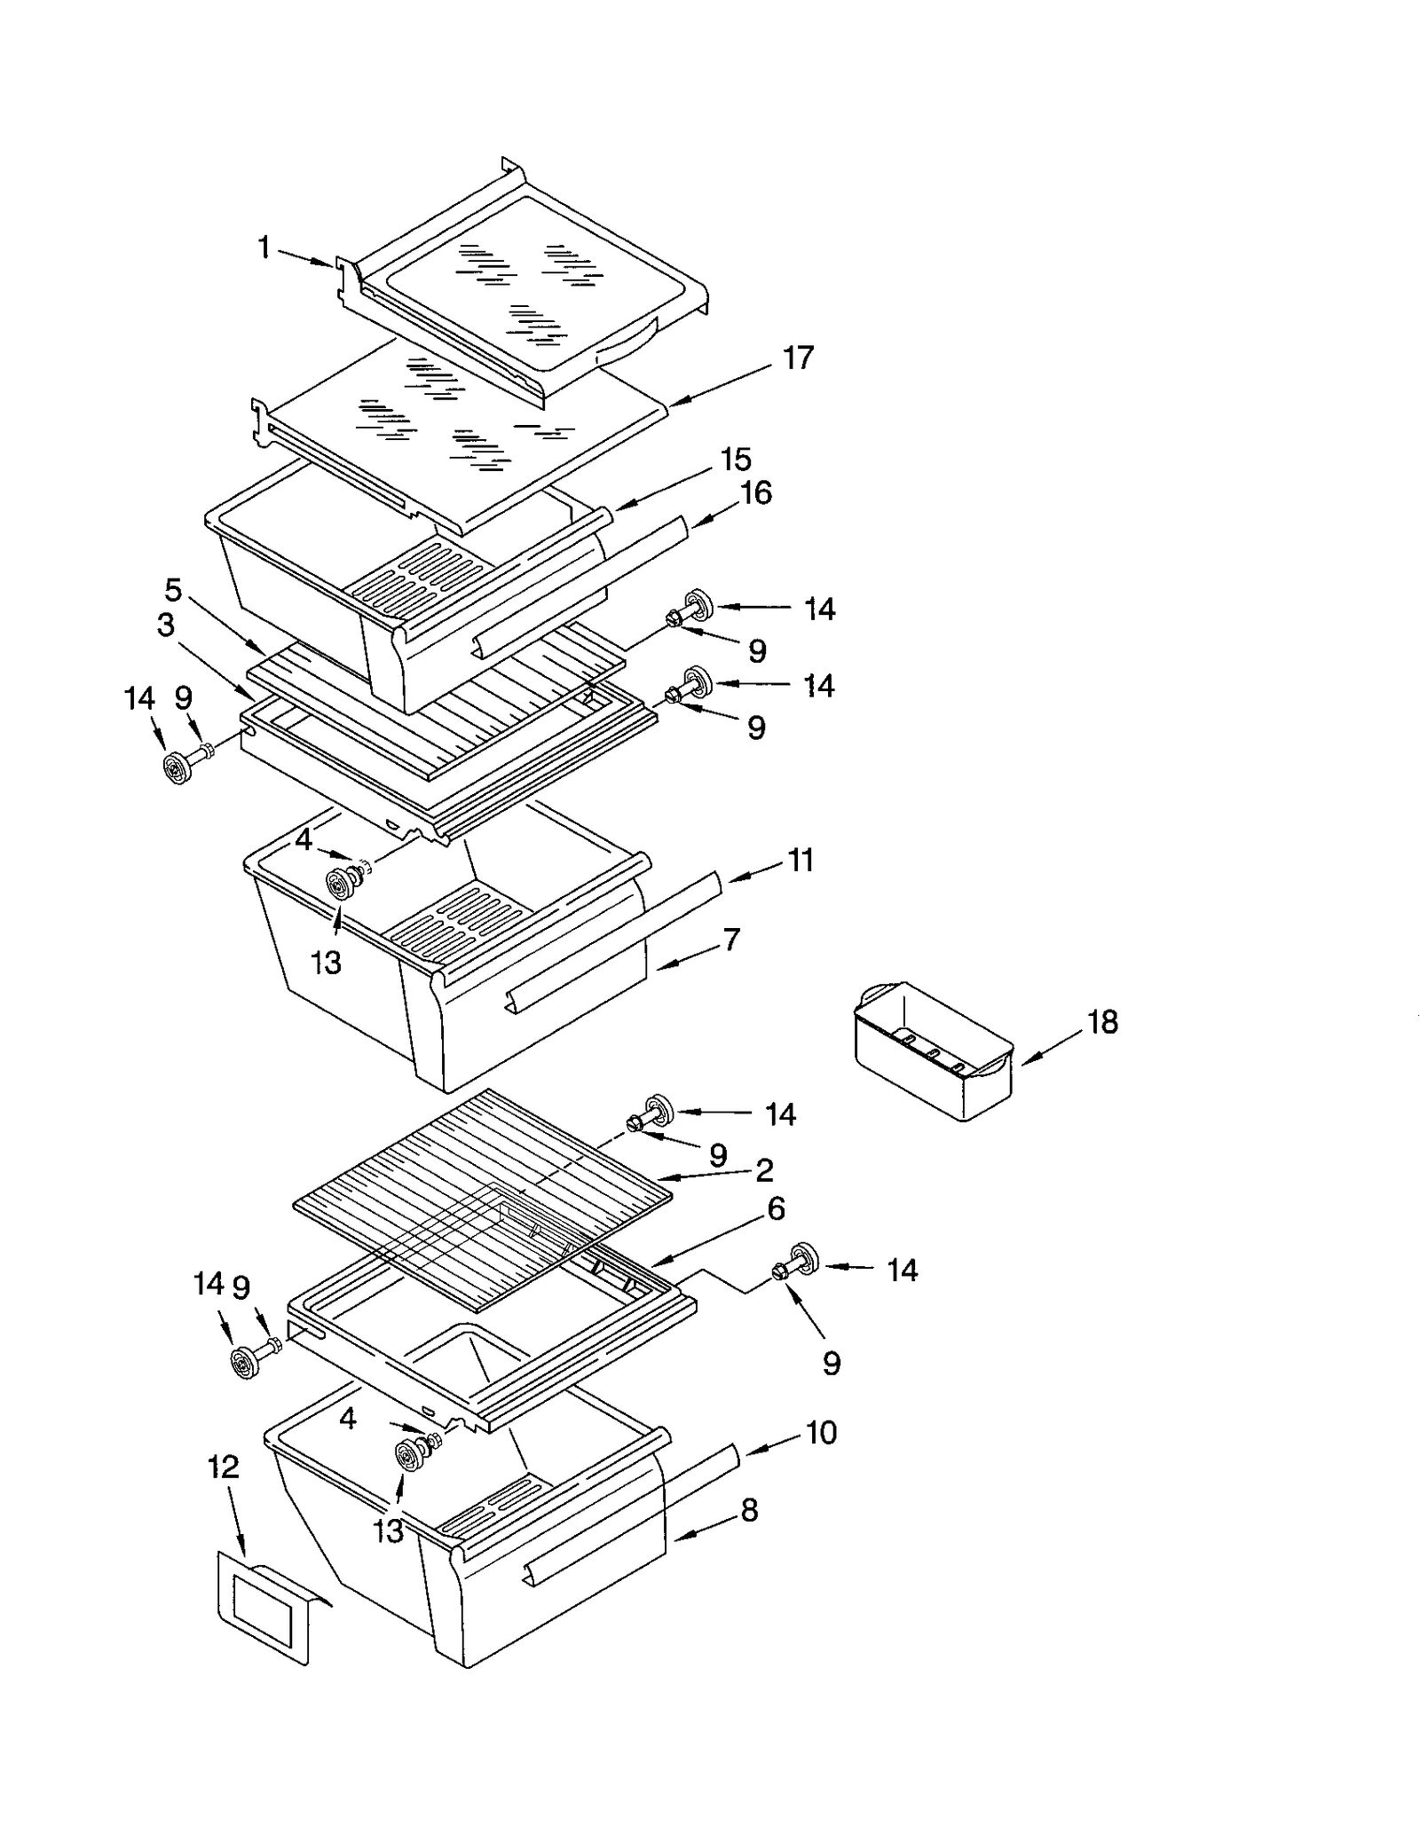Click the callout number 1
[x=264, y=248]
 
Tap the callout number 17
[x=798, y=358]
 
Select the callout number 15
[x=736, y=460]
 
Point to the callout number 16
[x=756, y=492]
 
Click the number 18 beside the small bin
[x=1102, y=1022]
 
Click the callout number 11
[x=801, y=860]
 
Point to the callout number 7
[x=731, y=940]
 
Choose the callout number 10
[x=822, y=1432]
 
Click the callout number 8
[x=750, y=1510]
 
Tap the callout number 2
[x=764, y=1170]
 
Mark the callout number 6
[x=777, y=1208]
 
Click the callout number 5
[x=173, y=589]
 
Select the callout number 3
[x=166, y=625]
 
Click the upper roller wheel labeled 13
[x=340, y=885]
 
